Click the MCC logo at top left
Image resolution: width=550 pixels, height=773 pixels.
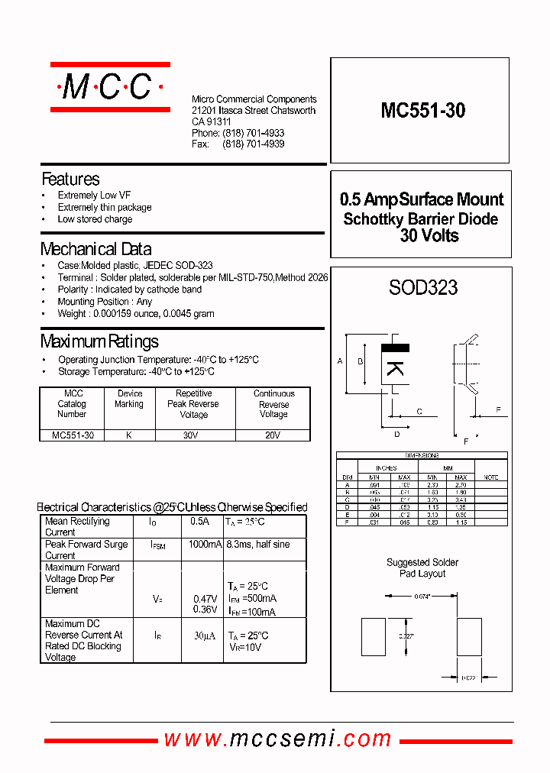click(x=108, y=88)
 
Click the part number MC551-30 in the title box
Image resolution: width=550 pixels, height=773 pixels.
click(x=422, y=111)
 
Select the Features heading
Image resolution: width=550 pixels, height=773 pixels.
click(x=70, y=180)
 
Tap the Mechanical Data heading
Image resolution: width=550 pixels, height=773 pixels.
click(x=95, y=249)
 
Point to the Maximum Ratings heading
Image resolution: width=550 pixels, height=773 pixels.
click(x=99, y=341)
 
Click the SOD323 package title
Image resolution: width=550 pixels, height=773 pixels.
click(x=423, y=288)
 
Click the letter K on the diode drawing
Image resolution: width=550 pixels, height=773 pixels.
click(x=395, y=367)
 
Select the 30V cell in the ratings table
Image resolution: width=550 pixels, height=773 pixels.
click(x=194, y=435)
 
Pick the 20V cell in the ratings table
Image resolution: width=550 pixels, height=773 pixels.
click(x=273, y=435)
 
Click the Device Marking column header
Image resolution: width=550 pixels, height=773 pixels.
click(x=129, y=399)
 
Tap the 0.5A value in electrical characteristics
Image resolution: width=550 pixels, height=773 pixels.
click(x=199, y=522)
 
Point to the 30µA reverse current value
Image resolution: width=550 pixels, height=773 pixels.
click(x=205, y=636)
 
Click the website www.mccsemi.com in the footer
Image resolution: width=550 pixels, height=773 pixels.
click(x=278, y=739)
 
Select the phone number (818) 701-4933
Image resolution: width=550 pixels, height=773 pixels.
click(x=253, y=133)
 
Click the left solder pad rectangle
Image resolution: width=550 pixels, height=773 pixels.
click(x=374, y=636)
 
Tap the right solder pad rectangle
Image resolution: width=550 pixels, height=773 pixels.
click(x=470, y=636)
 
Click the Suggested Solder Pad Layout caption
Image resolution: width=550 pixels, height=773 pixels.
click(x=422, y=568)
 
